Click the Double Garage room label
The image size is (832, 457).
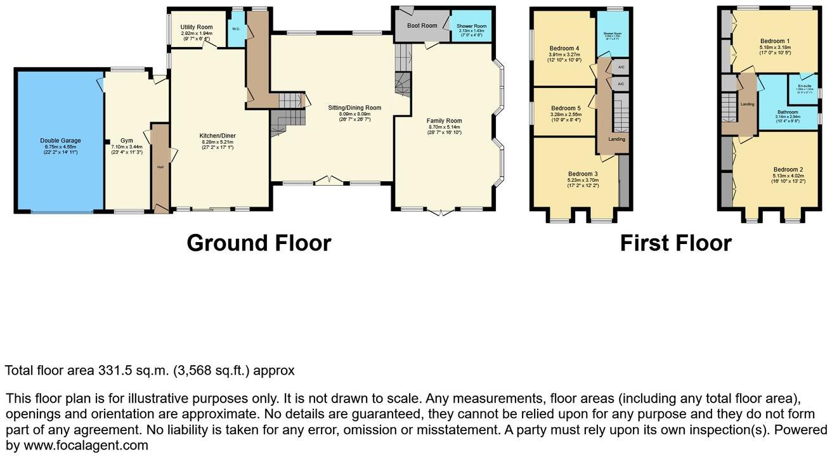point(60,141)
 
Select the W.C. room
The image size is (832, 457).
point(236,29)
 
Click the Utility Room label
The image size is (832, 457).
point(196,27)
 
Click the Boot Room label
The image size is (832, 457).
point(422,25)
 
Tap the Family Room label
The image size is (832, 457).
point(444,120)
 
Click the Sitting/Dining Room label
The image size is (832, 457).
point(354,108)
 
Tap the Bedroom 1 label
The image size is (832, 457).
point(775,42)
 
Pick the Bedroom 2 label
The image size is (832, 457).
point(788,169)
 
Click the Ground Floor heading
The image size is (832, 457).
point(258,243)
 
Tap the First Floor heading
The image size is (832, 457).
point(675,243)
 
